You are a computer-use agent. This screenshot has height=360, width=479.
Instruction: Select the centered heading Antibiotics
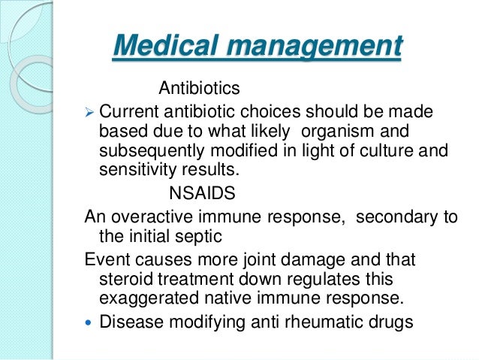tap(199, 89)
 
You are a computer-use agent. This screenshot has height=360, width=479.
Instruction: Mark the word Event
tap(105, 260)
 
